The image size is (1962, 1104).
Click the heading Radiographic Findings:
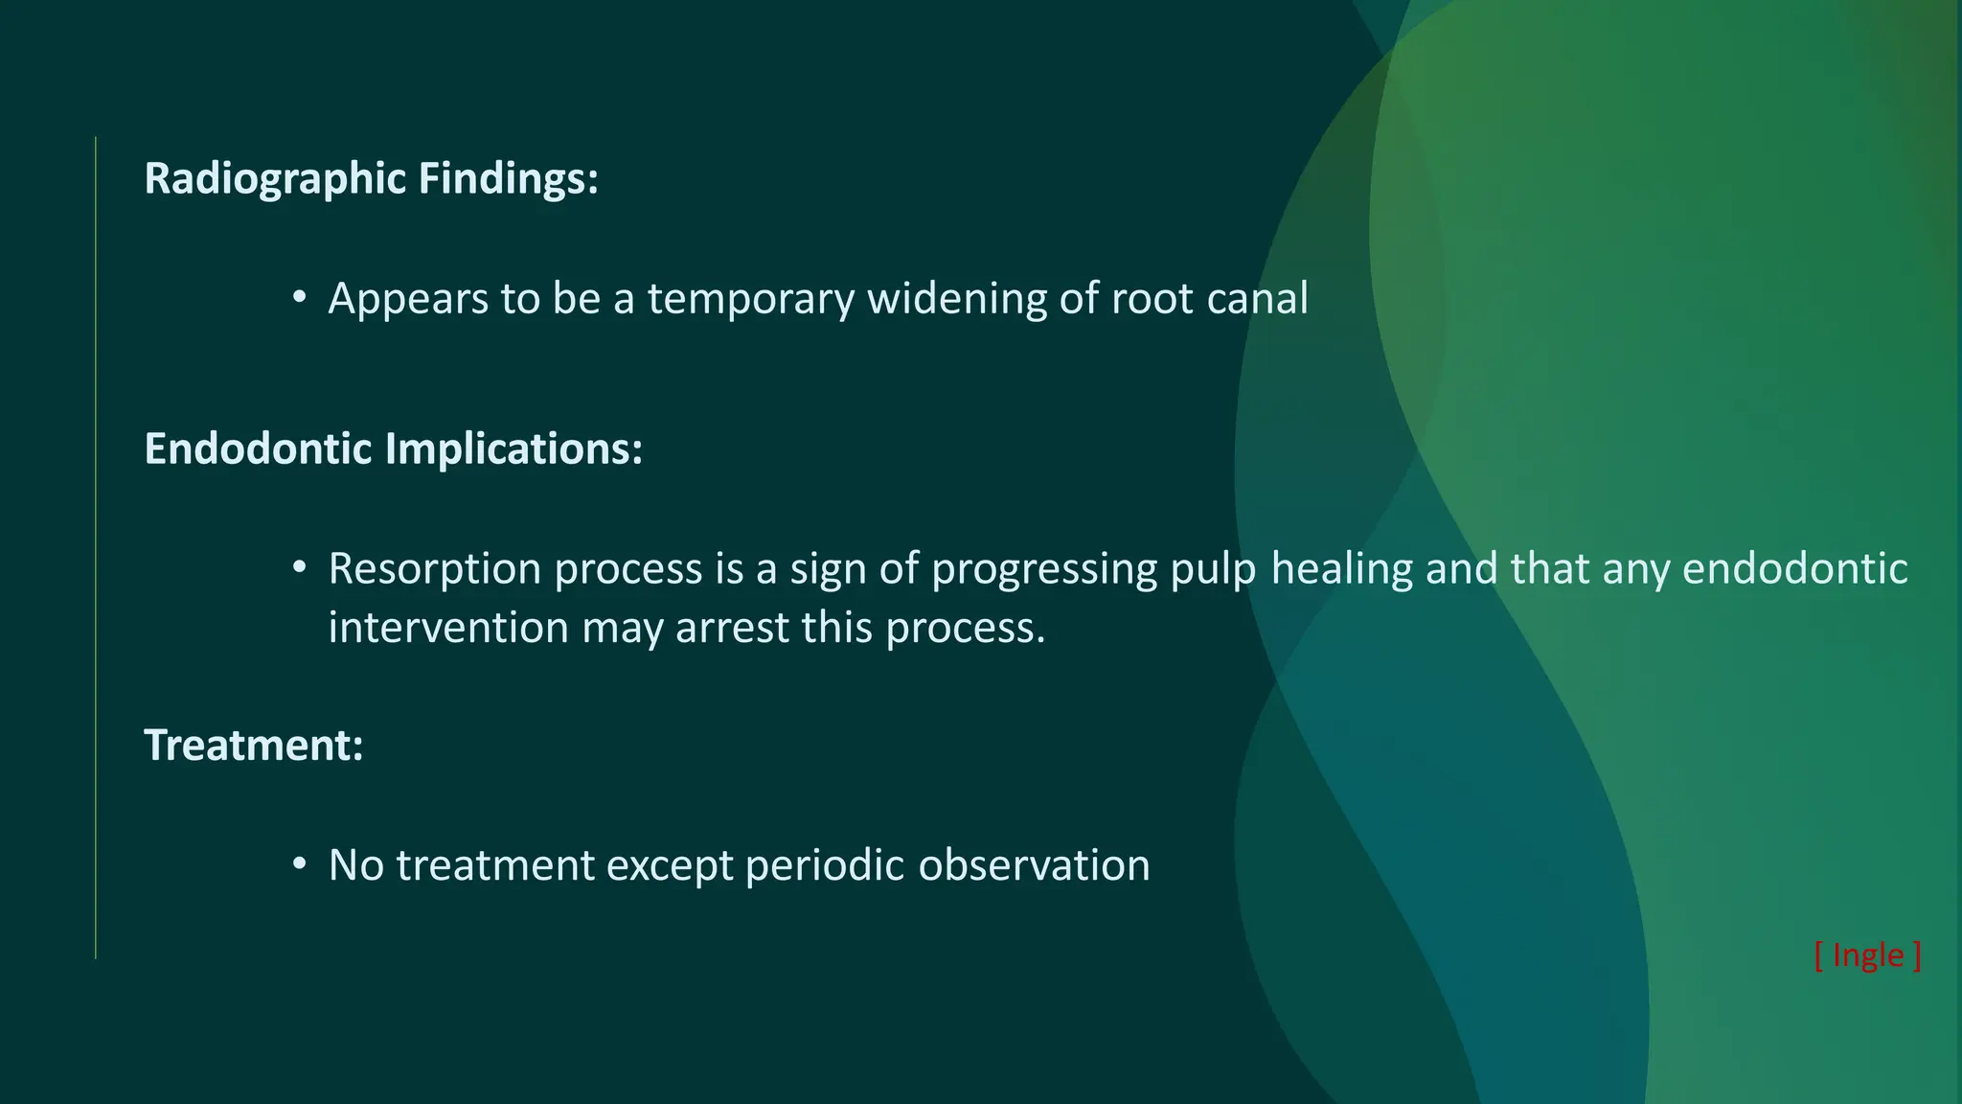(x=371, y=179)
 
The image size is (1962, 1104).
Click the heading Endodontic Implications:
(x=393, y=448)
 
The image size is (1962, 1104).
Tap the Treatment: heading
(x=253, y=745)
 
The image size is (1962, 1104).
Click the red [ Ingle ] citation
(x=1867, y=955)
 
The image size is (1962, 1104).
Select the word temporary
(x=750, y=299)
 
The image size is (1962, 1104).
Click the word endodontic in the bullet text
(x=1794, y=569)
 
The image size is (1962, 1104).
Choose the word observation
(x=1034, y=865)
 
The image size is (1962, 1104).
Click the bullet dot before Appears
(x=300, y=297)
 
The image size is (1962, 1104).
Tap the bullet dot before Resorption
(x=300, y=567)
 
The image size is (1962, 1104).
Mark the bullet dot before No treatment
(x=300, y=863)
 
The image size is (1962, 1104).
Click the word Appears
(x=408, y=299)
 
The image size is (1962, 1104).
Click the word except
(x=669, y=865)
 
